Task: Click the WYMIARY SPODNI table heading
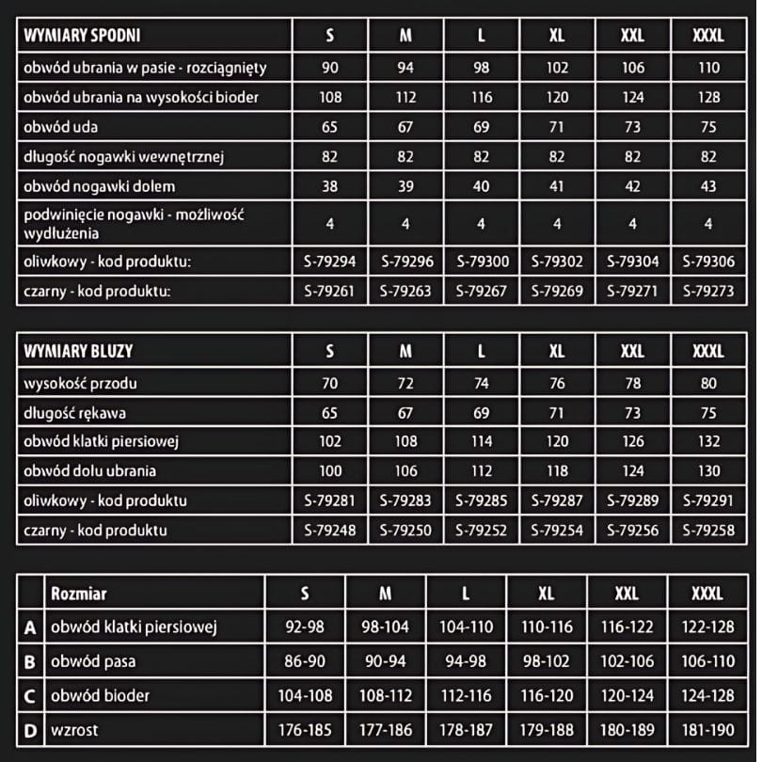tap(82, 37)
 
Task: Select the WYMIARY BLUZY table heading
tap(78, 351)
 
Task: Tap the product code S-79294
tap(329, 262)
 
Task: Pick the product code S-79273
tap(708, 291)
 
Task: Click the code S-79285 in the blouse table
tap(481, 500)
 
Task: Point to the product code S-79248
tap(329, 530)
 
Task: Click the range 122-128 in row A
tap(707, 627)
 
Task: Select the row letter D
tap(30, 729)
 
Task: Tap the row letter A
tap(30, 627)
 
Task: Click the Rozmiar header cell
tap(79, 594)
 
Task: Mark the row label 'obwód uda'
tap(61, 127)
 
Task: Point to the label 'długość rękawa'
tap(75, 412)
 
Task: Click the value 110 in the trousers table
tap(708, 67)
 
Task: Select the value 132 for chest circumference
tap(708, 441)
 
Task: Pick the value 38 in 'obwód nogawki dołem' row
tap(329, 186)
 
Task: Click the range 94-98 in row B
tap(466, 661)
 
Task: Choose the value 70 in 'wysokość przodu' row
tap(329, 383)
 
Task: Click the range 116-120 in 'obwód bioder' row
tap(547, 696)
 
